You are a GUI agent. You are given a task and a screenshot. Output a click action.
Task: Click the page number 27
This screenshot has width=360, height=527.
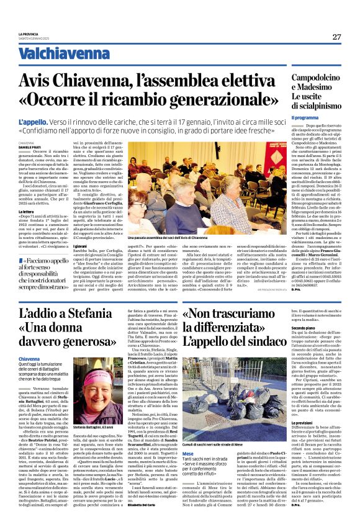336,37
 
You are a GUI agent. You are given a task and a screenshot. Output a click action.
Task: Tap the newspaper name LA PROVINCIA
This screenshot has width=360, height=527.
29,34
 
